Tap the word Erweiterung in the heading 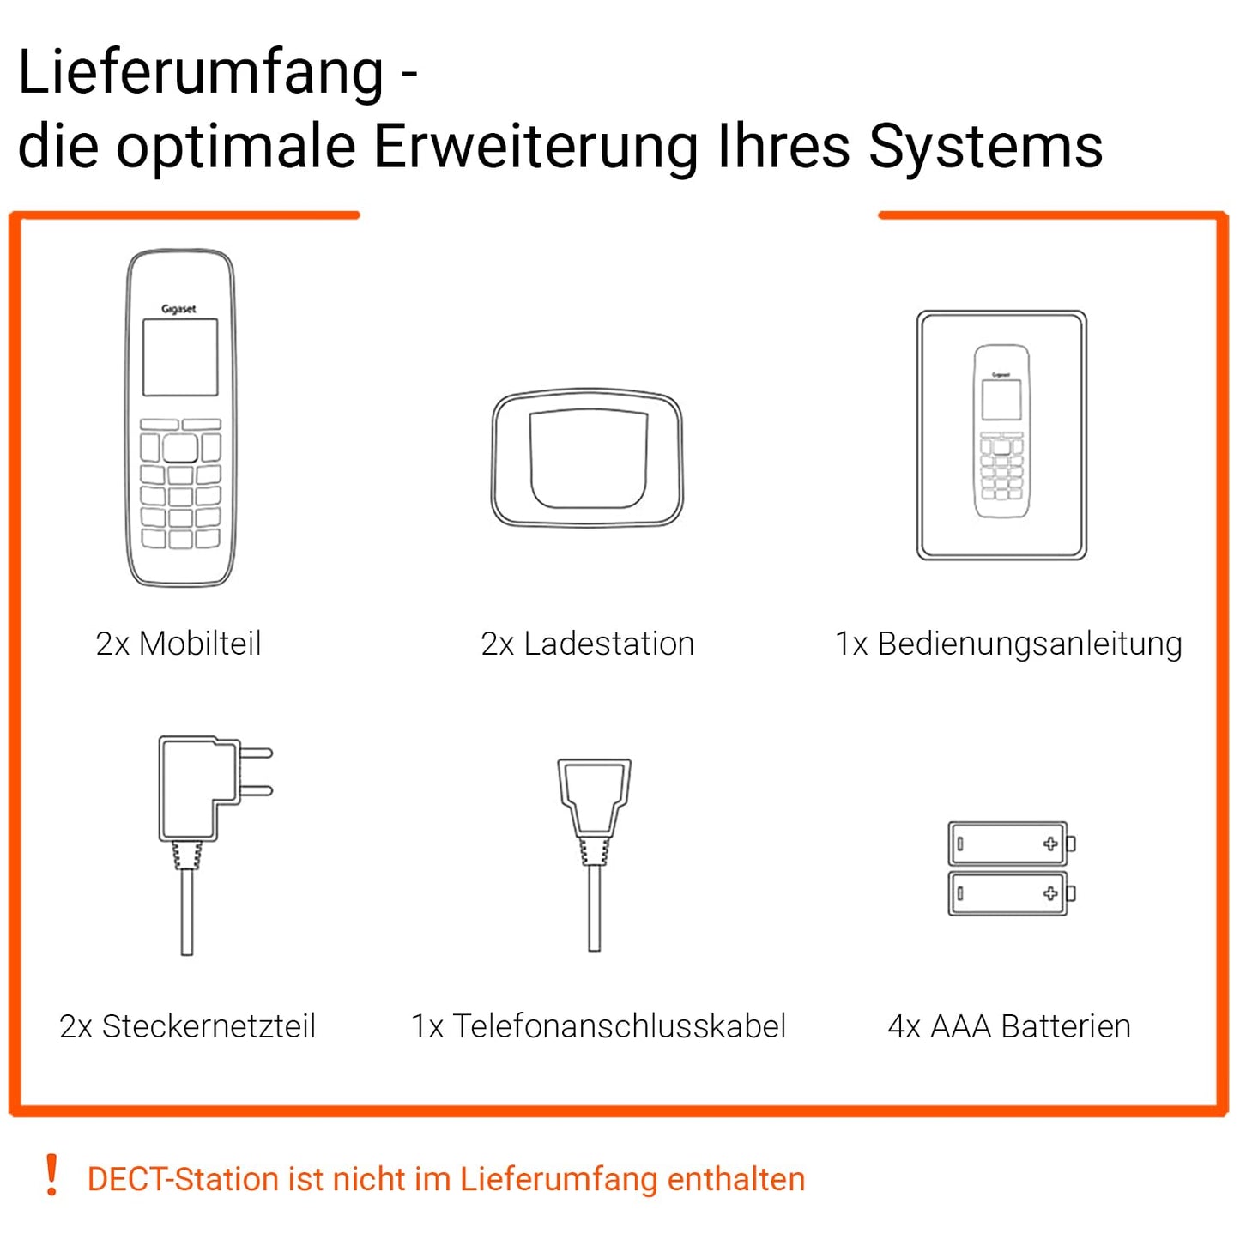(x=535, y=147)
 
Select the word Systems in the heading (x=986, y=148)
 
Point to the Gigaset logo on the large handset (x=178, y=309)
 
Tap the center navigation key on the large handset (x=180, y=448)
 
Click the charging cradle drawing (x=587, y=457)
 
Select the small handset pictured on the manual (x=1002, y=431)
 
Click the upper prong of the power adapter (x=256, y=753)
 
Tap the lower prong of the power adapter (x=256, y=790)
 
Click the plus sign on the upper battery (x=1050, y=844)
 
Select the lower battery (x=1012, y=893)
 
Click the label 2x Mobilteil (x=178, y=644)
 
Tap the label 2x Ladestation (x=588, y=644)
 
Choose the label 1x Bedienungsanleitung (x=1008, y=644)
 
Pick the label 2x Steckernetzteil (x=187, y=1026)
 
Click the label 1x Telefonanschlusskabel (x=598, y=1026)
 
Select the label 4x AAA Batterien (x=1009, y=1026)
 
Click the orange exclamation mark (x=52, y=1175)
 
